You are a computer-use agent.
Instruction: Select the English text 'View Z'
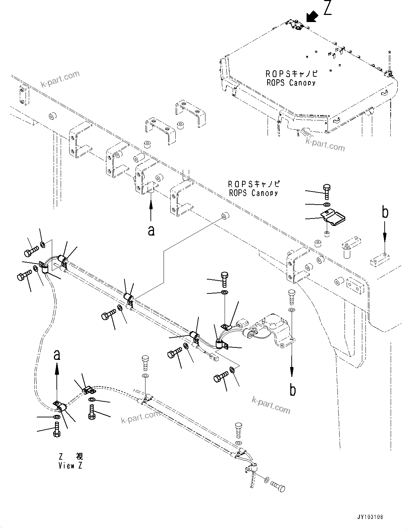70,466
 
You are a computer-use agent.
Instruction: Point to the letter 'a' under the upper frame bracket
151,231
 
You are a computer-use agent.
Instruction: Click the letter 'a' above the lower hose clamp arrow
57,355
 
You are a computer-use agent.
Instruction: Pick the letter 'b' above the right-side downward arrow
385,212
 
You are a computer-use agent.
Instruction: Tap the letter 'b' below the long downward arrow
292,390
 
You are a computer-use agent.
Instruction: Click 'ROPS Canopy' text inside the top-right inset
291,83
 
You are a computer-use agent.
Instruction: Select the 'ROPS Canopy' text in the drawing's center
253,193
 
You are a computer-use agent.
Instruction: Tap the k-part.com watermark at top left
60,79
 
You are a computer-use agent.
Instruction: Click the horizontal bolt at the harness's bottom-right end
278,486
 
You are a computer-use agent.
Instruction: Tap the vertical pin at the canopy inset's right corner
390,62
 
